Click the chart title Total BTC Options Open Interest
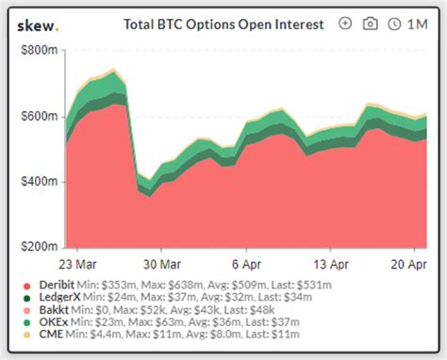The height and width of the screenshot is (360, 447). click(223, 25)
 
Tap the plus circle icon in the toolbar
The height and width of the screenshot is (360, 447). click(345, 25)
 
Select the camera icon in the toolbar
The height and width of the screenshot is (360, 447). click(370, 25)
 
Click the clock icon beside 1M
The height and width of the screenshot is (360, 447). click(393, 25)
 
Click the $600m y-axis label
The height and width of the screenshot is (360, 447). click(37, 115)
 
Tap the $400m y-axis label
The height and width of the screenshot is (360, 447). click(37, 181)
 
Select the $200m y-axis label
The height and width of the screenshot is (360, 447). click(37, 246)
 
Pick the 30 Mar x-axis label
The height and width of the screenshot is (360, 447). click(161, 264)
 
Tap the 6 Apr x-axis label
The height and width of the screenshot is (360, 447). click(245, 264)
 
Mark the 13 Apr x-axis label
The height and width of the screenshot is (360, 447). click(327, 264)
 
